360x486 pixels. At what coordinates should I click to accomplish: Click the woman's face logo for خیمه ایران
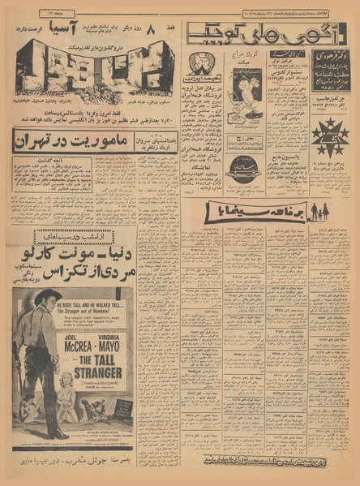[197, 63]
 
